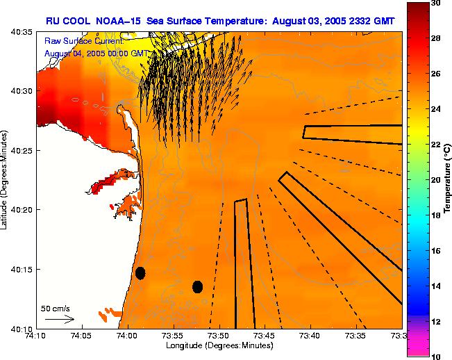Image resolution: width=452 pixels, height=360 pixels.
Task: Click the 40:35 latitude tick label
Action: click(24, 32)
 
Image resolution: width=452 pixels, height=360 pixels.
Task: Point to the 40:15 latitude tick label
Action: click(24, 269)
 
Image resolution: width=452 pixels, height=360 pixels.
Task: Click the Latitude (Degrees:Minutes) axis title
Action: click(6, 180)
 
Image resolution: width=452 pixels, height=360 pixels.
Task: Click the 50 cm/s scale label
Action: click(56, 308)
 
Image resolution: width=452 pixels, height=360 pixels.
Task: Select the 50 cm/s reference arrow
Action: click(60, 319)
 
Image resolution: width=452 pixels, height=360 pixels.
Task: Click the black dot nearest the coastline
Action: click(140, 273)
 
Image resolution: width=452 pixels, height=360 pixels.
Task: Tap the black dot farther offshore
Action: click(197, 286)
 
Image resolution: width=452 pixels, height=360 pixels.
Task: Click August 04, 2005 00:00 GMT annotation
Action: click(95, 53)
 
